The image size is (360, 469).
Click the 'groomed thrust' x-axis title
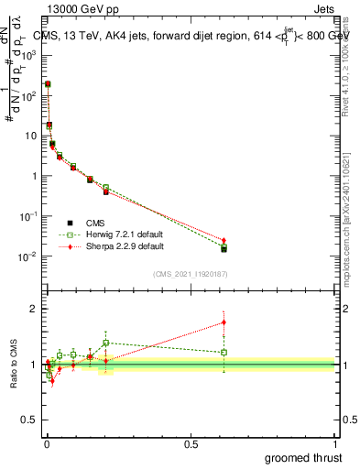(x=304, y=457)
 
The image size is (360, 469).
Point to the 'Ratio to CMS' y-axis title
(x=13, y=364)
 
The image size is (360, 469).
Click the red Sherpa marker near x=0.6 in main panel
(x=224, y=240)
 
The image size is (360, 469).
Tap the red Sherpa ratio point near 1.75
(x=224, y=322)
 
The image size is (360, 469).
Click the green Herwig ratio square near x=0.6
(x=224, y=352)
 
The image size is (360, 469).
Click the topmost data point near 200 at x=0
(x=48, y=83)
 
